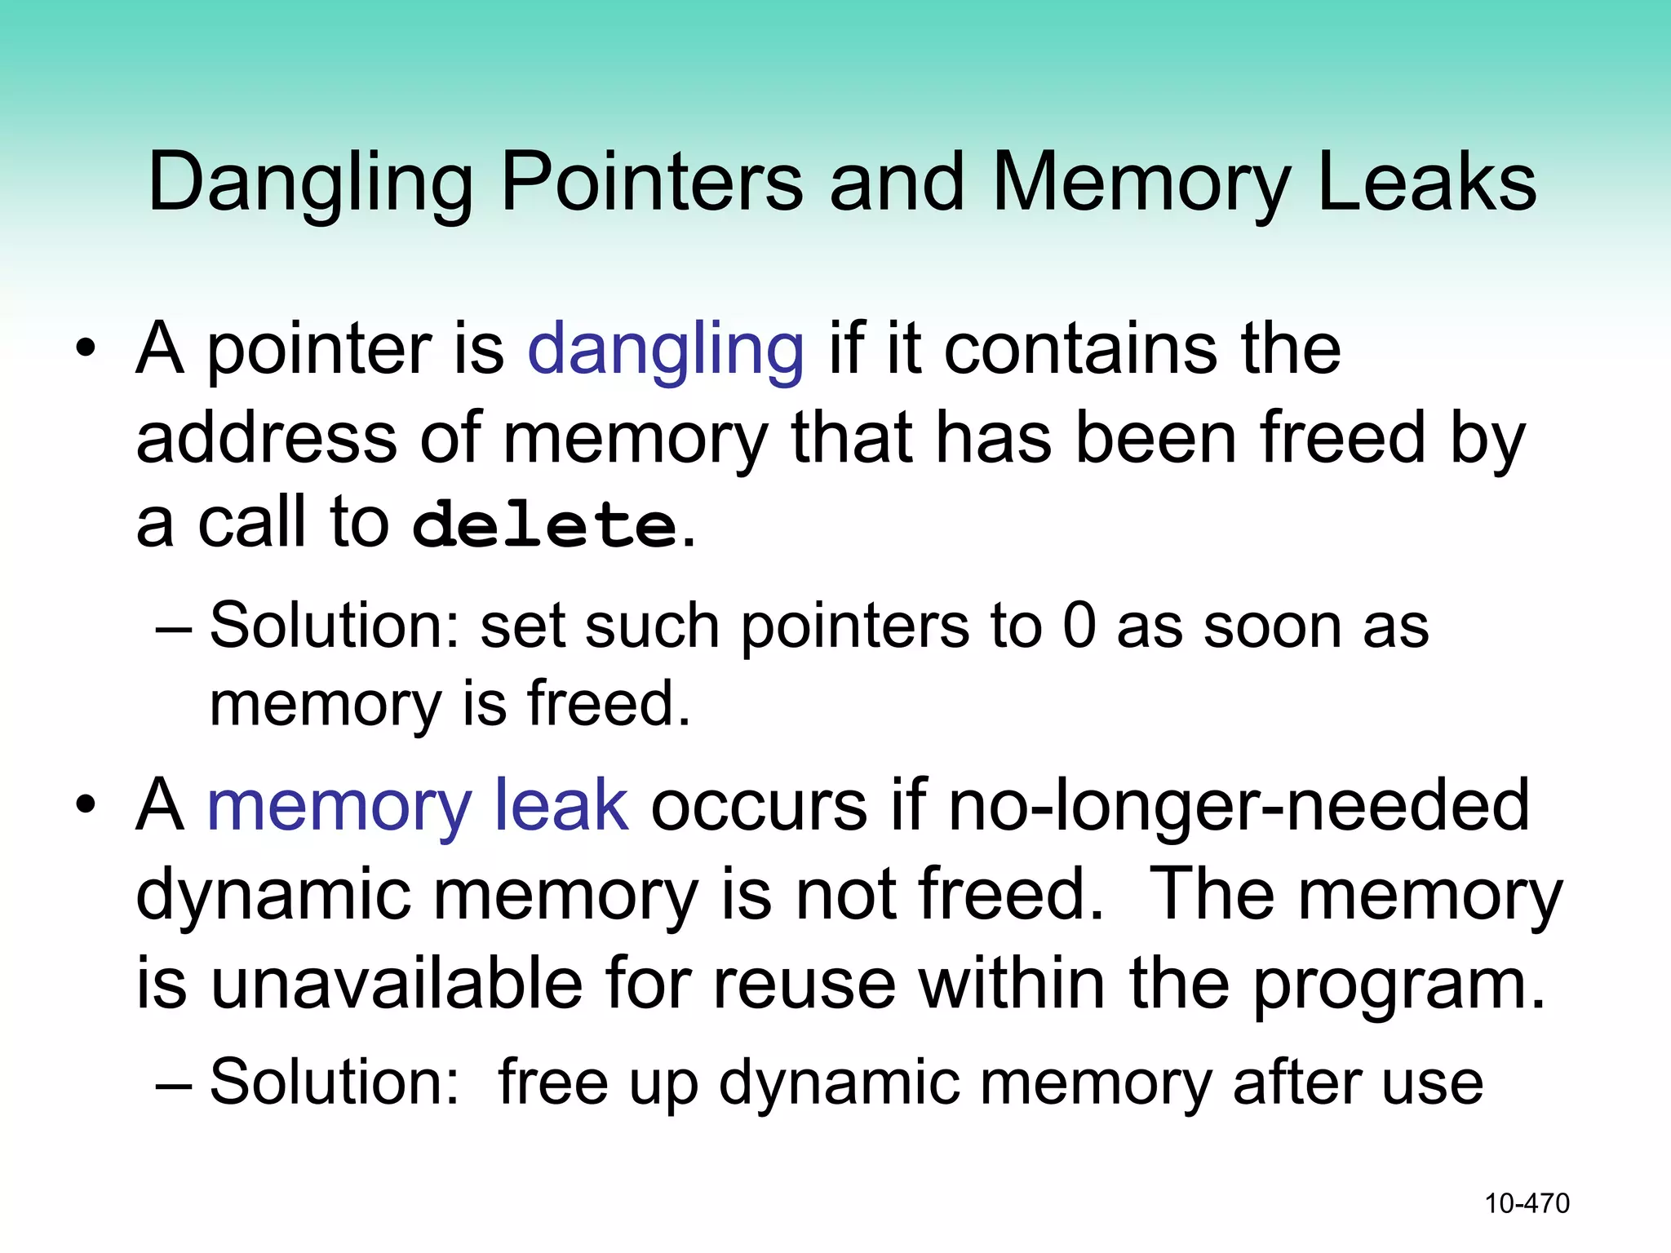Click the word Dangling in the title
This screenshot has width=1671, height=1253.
pyautogui.click(x=310, y=184)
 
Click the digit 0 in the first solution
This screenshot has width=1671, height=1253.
pyautogui.click(x=1079, y=626)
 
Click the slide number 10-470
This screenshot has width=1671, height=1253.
pyautogui.click(x=1527, y=1203)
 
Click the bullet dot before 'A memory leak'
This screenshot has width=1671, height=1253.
pyautogui.click(x=85, y=807)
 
